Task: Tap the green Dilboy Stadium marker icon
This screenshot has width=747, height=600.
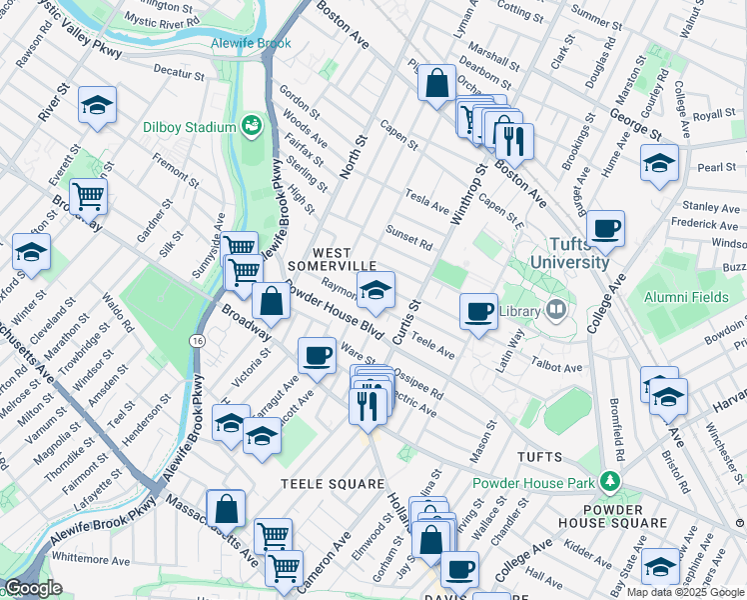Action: coord(251,126)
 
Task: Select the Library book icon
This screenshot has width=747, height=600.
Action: coord(554,311)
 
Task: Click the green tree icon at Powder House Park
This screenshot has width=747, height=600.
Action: coord(608,483)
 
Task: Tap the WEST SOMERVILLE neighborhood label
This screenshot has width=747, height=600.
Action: coord(332,259)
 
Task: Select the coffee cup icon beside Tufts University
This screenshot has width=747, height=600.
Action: coord(606,227)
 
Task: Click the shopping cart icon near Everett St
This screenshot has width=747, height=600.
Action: coord(89,196)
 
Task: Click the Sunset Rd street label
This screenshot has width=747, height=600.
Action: coord(410,237)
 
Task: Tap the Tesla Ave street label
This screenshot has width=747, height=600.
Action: coord(427,200)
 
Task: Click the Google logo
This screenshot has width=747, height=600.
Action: coord(34,588)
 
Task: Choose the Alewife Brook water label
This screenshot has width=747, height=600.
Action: coord(251,44)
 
